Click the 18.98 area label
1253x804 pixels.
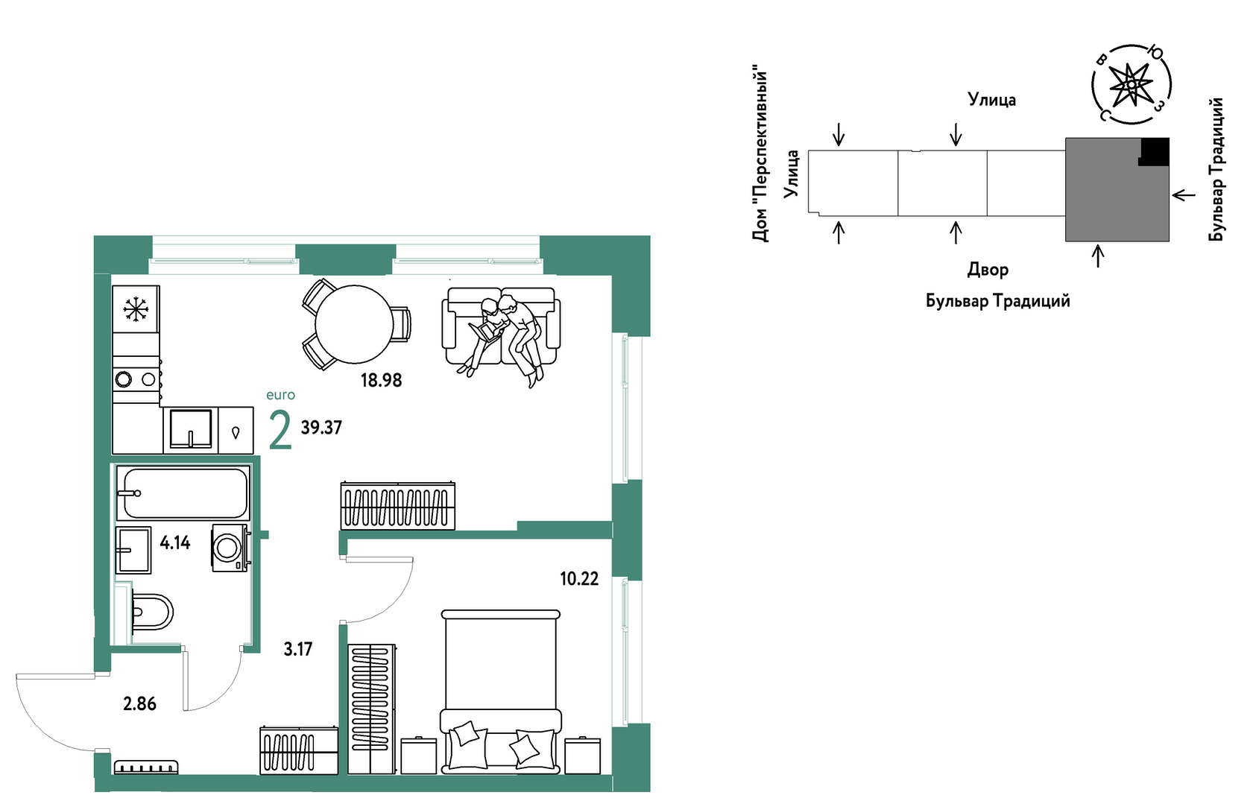[381, 381]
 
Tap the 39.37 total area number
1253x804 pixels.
[321, 428]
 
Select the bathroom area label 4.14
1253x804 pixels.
[175, 543]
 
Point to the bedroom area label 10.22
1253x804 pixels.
[579, 579]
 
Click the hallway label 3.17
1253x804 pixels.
[297, 649]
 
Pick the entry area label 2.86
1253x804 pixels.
[139, 704]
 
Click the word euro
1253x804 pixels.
[280, 395]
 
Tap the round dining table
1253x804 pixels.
[353, 324]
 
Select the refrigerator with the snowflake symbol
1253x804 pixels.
[136, 309]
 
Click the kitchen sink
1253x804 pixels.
[191, 430]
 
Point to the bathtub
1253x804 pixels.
[183, 493]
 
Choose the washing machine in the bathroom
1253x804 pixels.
[230, 548]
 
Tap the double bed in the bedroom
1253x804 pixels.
[500, 691]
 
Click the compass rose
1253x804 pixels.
[1131, 84]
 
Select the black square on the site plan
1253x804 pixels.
[1154, 151]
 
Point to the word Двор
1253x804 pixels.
[988, 270]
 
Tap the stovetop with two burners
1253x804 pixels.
[136, 379]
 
